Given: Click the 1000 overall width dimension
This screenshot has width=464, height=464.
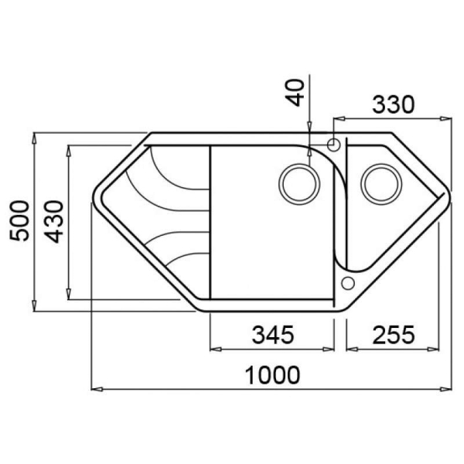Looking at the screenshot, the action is pos(272,375).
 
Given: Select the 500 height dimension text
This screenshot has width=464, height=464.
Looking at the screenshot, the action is pos(19,220).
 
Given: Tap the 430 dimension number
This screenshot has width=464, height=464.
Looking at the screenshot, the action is pos(53,222).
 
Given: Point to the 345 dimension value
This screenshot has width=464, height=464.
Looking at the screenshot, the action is pos(272,335).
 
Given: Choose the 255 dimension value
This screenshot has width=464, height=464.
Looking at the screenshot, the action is pos(394,335).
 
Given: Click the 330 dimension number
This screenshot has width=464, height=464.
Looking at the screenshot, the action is pos(394,104).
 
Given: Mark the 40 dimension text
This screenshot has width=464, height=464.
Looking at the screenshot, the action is pos(295,93).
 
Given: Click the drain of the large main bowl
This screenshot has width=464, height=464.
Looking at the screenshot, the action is pos(299,184).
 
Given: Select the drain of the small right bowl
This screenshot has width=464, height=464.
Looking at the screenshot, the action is pos(381,184).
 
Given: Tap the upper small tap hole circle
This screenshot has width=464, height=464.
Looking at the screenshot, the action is pos(333,145).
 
